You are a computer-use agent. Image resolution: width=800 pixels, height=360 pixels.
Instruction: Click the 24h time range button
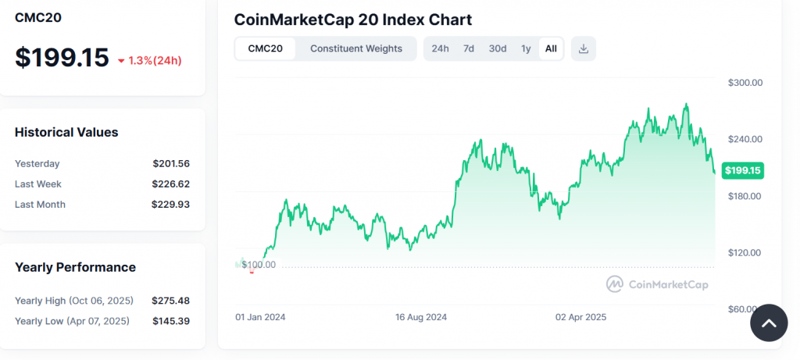440,48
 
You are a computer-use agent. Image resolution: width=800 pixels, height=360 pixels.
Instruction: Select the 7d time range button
469,48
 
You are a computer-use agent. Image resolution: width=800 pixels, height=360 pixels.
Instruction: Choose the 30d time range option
498,48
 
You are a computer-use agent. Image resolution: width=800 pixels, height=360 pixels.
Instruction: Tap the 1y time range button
526,48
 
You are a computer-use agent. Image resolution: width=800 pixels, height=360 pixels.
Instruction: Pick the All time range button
551,48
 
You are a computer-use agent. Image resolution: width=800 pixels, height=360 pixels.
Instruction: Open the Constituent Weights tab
356,48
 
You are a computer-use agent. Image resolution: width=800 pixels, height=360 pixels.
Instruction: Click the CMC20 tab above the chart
265,48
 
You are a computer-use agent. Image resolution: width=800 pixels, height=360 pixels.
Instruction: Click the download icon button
584,48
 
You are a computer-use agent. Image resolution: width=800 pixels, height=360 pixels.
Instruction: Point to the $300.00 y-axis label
745,82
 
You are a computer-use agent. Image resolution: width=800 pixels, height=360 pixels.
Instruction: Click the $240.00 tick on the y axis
745,139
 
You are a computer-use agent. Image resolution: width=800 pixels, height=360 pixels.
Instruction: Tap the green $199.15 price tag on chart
742,170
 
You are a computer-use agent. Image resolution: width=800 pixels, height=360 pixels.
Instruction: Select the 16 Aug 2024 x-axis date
421,318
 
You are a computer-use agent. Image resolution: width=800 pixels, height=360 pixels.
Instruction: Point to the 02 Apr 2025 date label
580,318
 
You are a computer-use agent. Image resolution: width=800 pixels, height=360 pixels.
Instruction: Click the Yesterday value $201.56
171,163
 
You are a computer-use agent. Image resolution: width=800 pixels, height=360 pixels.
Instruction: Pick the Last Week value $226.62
171,184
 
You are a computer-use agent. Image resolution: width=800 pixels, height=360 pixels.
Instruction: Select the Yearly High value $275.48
171,301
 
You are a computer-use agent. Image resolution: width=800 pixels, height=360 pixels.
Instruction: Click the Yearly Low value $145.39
171,321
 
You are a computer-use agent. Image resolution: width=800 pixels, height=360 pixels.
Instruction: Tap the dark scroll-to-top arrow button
769,323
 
